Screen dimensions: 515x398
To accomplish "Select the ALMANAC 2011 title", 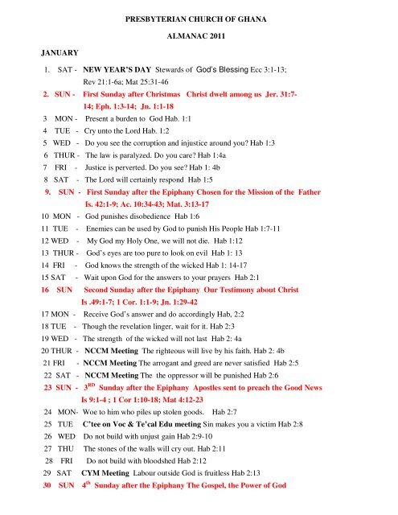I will click(199, 37).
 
